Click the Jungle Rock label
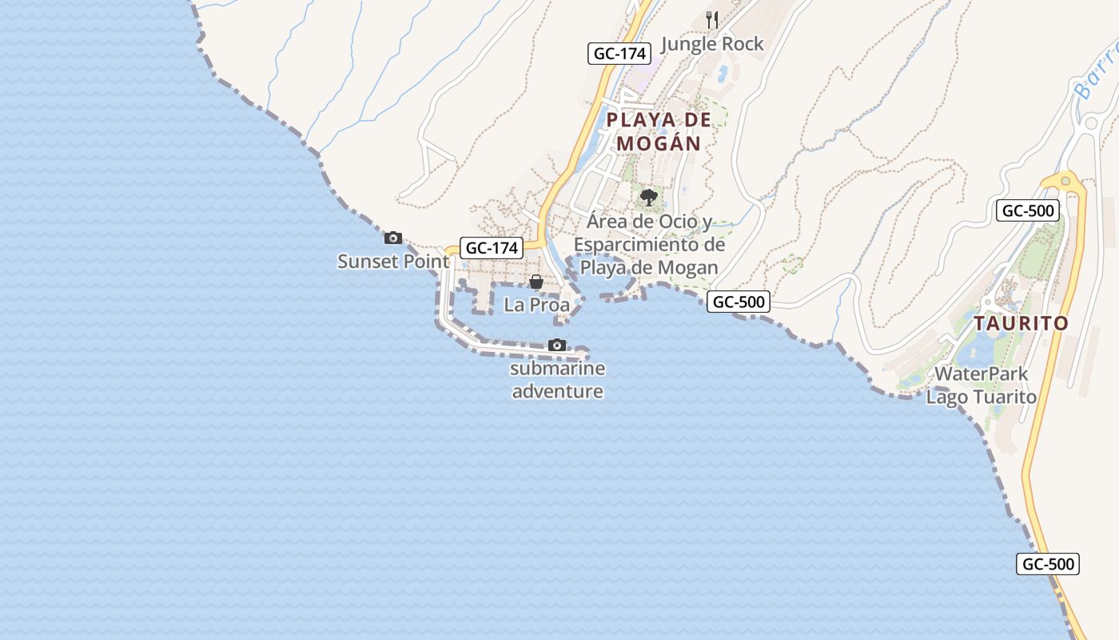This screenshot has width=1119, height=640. (x=713, y=44)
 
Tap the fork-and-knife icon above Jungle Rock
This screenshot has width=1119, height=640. (x=712, y=19)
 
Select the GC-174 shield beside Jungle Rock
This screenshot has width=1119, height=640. (x=620, y=54)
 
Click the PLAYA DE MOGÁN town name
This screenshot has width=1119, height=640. (x=659, y=132)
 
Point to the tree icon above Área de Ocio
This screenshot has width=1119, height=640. (x=649, y=196)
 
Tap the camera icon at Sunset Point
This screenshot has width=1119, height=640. (x=393, y=238)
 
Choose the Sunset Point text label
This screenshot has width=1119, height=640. (x=393, y=262)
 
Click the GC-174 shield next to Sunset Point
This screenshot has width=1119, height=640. (x=492, y=248)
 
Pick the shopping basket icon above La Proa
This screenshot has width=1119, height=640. (x=536, y=282)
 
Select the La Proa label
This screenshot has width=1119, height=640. (x=537, y=305)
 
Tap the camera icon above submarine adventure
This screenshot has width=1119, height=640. (x=557, y=345)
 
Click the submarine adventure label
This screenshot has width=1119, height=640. (x=557, y=380)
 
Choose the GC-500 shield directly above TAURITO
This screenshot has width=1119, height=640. (x=1029, y=210)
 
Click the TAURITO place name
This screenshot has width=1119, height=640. (x=1021, y=323)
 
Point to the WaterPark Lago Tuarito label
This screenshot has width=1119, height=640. (x=982, y=385)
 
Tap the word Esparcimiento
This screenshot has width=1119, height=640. (x=649, y=245)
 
